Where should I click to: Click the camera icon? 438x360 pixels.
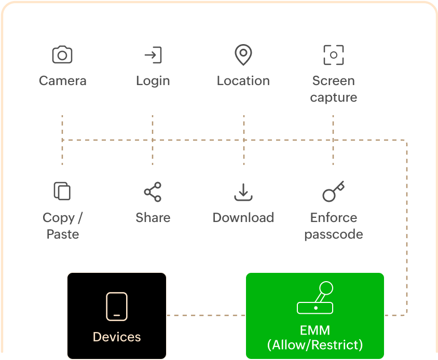click(x=62, y=55)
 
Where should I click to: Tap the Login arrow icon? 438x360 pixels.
click(x=153, y=55)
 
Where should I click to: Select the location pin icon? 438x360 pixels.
click(x=243, y=54)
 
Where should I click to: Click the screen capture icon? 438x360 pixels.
click(x=333, y=55)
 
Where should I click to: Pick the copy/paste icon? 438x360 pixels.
click(x=62, y=191)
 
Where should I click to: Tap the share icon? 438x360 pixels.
click(x=153, y=192)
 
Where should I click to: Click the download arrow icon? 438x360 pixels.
click(x=243, y=192)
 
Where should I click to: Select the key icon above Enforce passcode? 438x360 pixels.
click(x=333, y=191)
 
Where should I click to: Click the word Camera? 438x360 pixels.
click(x=62, y=81)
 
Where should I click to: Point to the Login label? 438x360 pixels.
click(x=153, y=81)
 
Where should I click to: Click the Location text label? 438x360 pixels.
click(x=243, y=81)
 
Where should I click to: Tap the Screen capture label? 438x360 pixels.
click(x=333, y=89)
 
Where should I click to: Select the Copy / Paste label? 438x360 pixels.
click(x=62, y=226)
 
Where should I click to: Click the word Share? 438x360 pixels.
click(x=153, y=217)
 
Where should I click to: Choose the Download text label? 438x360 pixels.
click(x=243, y=217)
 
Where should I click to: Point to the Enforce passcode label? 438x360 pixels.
click(x=333, y=226)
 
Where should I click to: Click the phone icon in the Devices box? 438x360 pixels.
click(x=117, y=306)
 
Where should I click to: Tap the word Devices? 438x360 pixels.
click(x=117, y=337)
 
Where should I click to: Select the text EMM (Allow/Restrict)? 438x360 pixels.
click(x=315, y=338)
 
